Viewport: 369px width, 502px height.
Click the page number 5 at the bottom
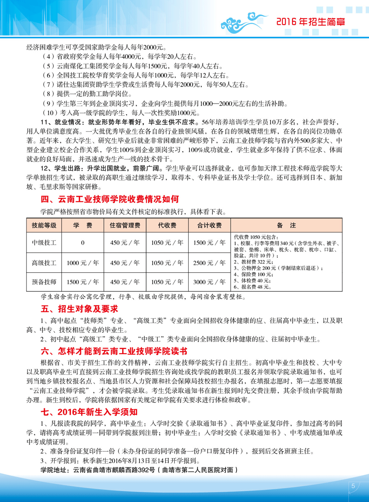[352, 485]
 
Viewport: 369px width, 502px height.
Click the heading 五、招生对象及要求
[73, 308]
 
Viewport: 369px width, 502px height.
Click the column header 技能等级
[44, 225]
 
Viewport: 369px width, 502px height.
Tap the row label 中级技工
[44, 242]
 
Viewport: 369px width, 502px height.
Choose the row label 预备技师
[44, 282]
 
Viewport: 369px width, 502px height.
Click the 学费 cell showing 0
[83, 242]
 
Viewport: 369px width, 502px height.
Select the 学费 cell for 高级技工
[83, 263]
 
